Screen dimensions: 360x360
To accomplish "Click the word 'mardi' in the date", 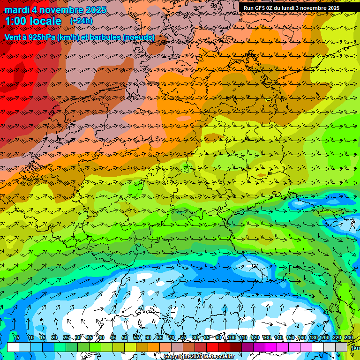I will (x=16, y=10).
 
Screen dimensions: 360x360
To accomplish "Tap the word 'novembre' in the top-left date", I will (x=62, y=10).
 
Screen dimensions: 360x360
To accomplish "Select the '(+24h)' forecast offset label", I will (x=81, y=21).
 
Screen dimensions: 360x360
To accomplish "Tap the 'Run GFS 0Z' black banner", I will (x=291, y=8).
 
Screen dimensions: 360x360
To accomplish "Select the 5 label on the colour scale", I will (x=17, y=337).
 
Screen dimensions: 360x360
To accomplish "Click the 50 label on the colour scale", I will (x=124, y=337).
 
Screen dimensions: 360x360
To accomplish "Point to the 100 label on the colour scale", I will (x=232, y=337).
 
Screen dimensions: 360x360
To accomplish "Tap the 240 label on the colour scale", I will (x=348, y=337).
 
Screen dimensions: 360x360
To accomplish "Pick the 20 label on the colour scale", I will (x=54, y=337).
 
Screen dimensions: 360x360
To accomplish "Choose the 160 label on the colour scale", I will (x=302, y=337).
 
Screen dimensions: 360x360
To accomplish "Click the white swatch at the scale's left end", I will (x=13, y=347).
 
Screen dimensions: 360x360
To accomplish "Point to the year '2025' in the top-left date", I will (x=94, y=10).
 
